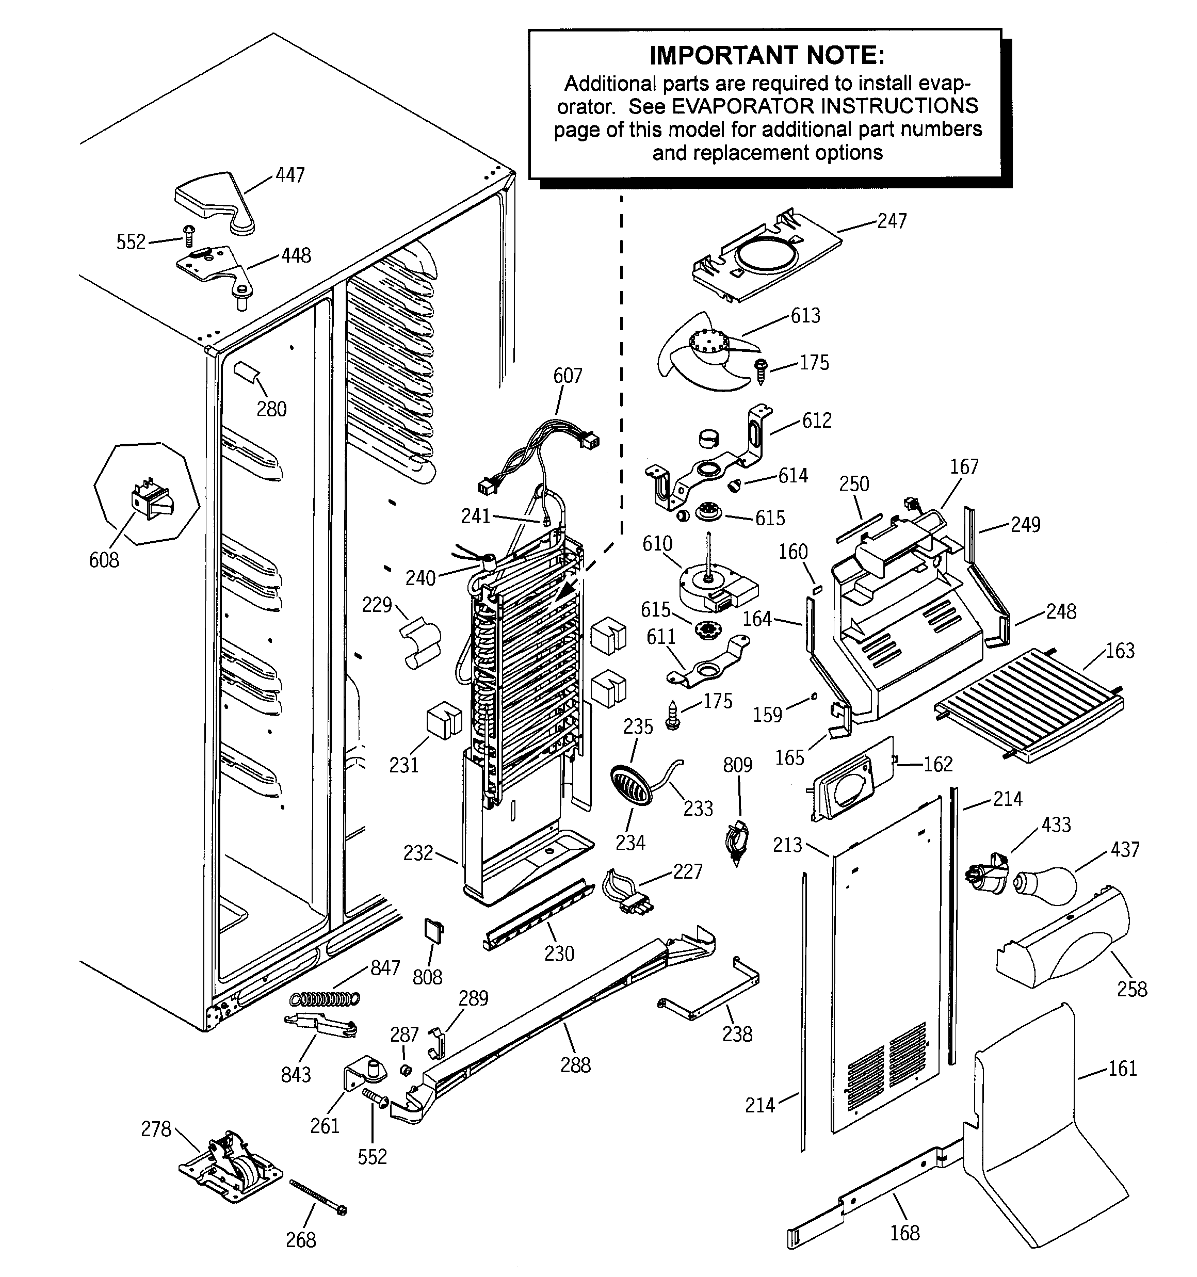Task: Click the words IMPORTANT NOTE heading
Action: click(x=767, y=56)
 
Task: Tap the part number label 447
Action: click(x=290, y=175)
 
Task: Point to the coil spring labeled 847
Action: click(x=325, y=998)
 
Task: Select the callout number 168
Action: click(x=904, y=1233)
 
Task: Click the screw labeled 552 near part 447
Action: click(x=188, y=236)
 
